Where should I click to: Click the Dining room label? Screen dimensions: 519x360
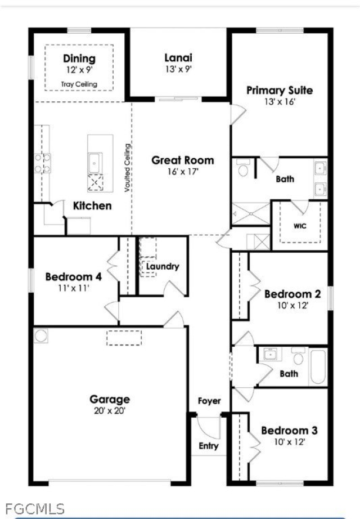point(79,59)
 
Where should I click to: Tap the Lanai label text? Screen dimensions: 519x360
point(178,57)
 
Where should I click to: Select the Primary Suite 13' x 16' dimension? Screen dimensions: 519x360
point(280,102)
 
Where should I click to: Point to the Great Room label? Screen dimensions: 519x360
point(183,160)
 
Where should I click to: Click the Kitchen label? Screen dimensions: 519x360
point(92,206)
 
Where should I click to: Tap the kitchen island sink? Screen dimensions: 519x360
point(94,162)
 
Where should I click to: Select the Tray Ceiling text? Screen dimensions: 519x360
point(79,84)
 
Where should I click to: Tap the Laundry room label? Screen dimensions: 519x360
point(163,266)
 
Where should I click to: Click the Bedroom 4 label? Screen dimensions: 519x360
point(73,277)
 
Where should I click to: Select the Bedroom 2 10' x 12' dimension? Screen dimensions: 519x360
point(292,305)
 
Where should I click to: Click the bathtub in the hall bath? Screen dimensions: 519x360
point(317,367)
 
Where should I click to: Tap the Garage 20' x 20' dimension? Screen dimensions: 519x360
point(110,410)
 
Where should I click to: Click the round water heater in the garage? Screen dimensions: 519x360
point(41,335)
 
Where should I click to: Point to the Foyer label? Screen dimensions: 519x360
point(209,401)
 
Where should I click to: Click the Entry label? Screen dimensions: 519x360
point(209,446)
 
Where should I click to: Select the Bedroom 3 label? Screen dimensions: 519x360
point(289,431)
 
